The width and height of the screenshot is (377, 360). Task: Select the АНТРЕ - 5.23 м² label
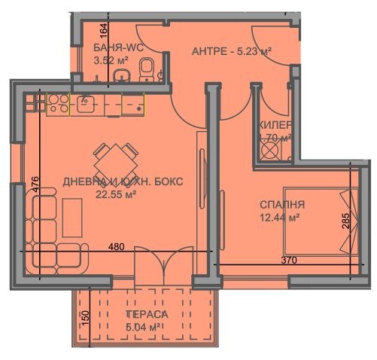click(230, 51)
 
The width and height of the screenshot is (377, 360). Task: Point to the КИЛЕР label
click(276, 125)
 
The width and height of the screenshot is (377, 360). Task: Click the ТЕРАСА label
click(147, 314)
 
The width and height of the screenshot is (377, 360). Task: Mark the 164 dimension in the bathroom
click(105, 34)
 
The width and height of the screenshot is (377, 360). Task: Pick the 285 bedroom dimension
click(344, 221)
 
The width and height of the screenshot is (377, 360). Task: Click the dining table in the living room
click(116, 159)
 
